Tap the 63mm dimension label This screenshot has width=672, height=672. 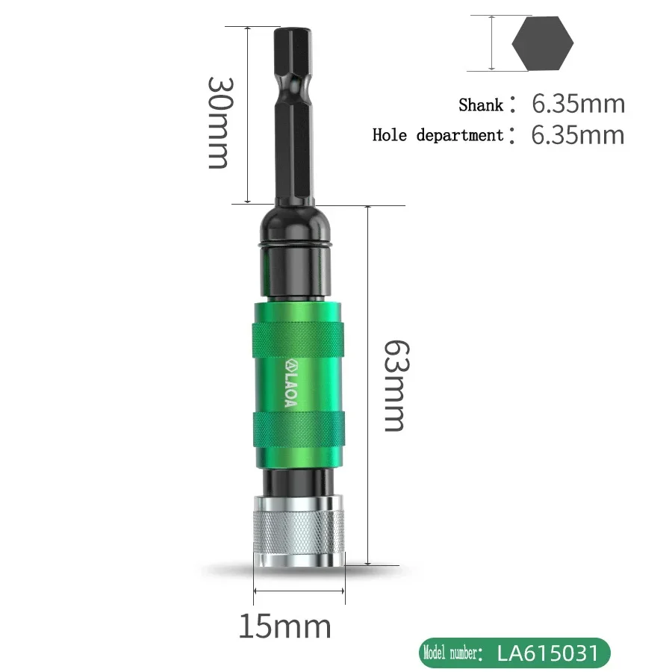[397, 386]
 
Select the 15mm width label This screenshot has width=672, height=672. [285, 627]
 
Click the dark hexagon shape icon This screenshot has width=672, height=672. [543, 43]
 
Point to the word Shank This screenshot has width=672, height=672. [481, 105]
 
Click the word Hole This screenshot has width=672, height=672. [390, 135]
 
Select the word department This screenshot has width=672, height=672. [460, 136]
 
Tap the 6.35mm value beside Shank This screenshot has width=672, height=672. [579, 104]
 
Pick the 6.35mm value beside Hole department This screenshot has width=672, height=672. [578, 135]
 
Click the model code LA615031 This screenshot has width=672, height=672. [548, 653]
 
